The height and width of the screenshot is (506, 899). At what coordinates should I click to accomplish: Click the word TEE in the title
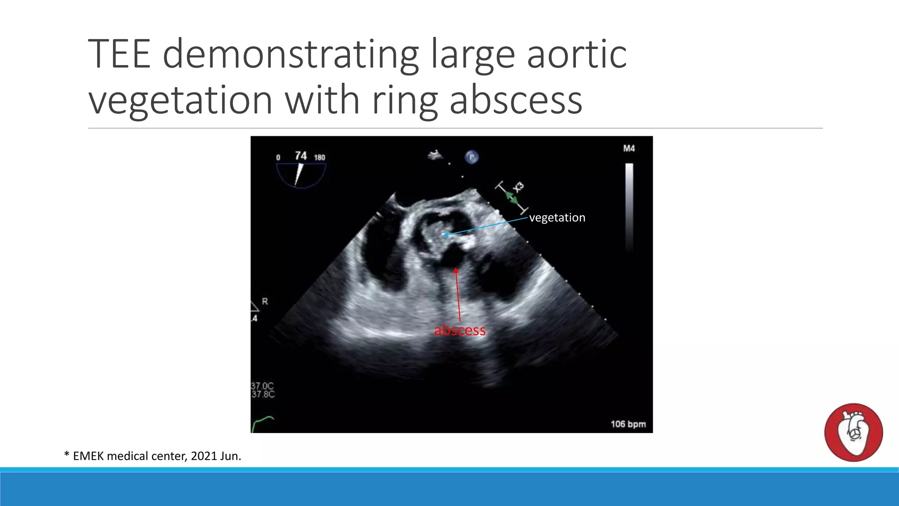point(119,54)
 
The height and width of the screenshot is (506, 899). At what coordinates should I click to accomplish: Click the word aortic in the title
point(576,54)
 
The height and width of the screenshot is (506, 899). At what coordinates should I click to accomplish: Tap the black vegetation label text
point(557,218)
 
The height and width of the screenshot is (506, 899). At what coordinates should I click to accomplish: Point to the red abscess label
point(460,330)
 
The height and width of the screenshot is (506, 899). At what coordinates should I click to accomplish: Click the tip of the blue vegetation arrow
point(444,235)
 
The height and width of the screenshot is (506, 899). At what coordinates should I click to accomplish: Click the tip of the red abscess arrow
point(456,269)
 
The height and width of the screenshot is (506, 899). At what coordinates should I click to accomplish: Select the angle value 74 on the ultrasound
point(301,156)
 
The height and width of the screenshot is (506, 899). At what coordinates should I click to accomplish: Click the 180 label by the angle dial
point(320,158)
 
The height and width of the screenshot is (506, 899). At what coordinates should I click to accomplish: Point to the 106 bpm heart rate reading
point(628,424)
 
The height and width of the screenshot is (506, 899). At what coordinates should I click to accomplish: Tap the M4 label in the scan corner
point(629,148)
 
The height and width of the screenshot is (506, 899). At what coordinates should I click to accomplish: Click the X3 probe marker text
point(519,187)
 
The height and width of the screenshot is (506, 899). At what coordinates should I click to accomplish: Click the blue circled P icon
point(471,157)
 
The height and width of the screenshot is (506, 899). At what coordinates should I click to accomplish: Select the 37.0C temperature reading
point(263,386)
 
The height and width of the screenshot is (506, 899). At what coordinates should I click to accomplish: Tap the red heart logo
point(853,432)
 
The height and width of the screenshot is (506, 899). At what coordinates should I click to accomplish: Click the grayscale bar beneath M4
point(629,206)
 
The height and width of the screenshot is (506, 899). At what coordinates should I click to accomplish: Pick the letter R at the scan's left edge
point(265,301)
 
